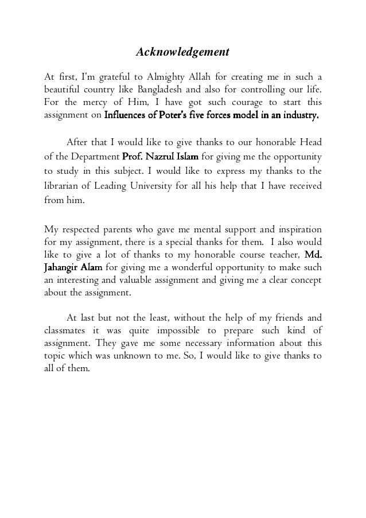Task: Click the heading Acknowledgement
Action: [182, 53]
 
